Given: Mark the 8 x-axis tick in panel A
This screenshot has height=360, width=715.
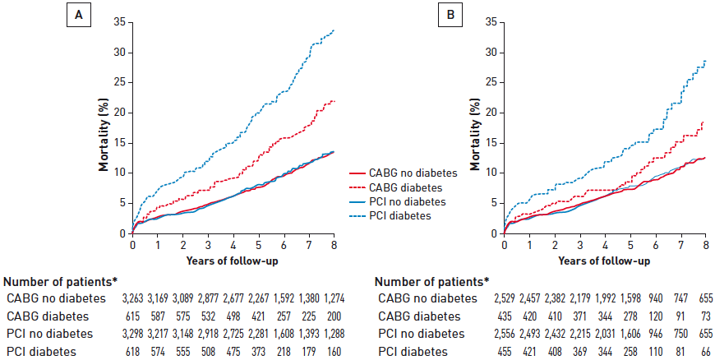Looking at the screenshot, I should (334, 244).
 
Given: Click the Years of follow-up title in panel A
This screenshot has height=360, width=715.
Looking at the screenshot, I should (233, 261).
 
